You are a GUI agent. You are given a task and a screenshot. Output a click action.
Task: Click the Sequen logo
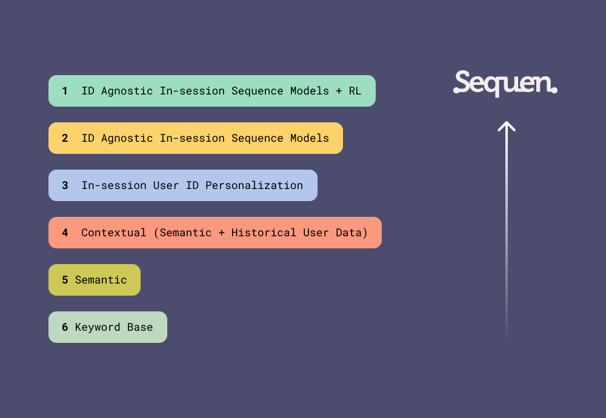click(x=505, y=84)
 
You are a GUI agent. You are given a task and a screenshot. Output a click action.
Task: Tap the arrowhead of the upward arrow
click(x=507, y=126)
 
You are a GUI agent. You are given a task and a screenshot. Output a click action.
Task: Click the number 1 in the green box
click(x=65, y=91)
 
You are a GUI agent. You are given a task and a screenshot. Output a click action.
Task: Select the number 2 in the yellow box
click(x=65, y=138)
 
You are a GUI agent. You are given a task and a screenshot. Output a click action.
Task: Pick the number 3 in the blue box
click(x=65, y=185)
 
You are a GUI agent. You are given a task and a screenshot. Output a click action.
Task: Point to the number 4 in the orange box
click(x=65, y=233)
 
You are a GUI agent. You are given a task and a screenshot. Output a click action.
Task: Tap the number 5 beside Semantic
click(x=65, y=280)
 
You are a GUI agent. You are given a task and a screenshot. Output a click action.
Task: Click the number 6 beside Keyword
click(x=65, y=327)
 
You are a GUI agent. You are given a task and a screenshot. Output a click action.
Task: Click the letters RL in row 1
click(x=355, y=91)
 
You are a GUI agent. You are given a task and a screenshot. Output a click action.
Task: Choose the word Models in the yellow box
click(x=309, y=138)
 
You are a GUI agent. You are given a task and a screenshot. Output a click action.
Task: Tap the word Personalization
click(x=254, y=185)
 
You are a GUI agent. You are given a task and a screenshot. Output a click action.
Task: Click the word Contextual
click(x=114, y=233)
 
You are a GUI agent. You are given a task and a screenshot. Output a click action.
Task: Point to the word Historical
click(x=264, y=233)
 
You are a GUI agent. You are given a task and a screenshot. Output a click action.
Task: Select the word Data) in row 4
click(x=351, y=233)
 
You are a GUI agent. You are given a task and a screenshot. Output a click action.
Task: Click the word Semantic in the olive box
click(x=101, y=280)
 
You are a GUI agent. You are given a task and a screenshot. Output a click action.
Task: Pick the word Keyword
click(x=98, y=327)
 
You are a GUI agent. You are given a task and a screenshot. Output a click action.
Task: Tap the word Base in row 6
click(x=140, y=327)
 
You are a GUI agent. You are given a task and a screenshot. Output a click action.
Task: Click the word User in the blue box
click(x=166, y=185)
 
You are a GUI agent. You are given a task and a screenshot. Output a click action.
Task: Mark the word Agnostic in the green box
click(x=127, y=91)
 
